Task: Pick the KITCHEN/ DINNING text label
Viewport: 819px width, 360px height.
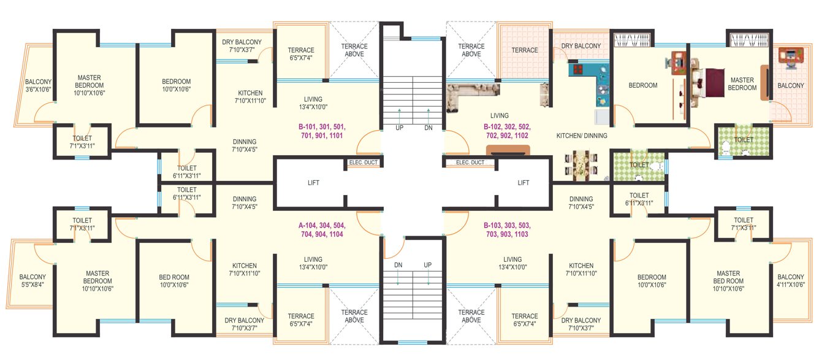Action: [x=581, y=136]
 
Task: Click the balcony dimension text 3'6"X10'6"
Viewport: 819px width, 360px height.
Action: [x=38, y=90]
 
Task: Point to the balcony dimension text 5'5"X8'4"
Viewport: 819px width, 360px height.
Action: [x=32, y=285]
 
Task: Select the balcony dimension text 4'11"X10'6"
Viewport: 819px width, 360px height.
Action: [x=791, y=285]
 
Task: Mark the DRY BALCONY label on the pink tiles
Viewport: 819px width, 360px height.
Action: [x=581, y=46]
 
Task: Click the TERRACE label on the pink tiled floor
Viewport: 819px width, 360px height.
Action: [x=525, y=50]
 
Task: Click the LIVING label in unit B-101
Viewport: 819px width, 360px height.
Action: [x=313, y=99]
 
